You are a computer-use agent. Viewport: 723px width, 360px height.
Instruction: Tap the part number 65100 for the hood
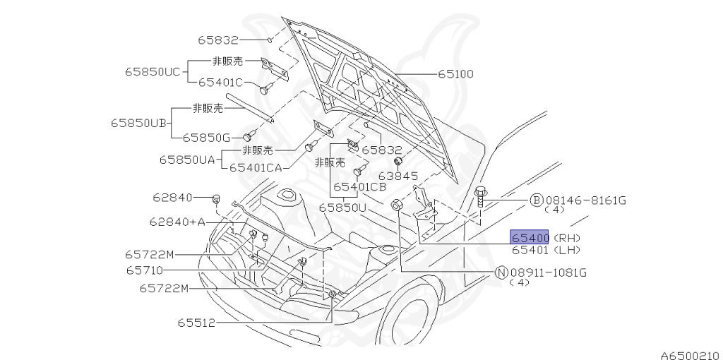click(455, 73)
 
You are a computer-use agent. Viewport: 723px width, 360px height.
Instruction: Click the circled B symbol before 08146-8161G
click(536, 200)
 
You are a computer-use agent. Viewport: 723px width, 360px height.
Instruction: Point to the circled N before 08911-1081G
click(501, 272)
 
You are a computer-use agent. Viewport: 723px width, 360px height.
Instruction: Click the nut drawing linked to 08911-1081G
click(396, 205)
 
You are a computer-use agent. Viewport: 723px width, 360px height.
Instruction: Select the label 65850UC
click(153, 71)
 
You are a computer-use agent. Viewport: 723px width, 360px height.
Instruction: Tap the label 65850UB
click(138, 122)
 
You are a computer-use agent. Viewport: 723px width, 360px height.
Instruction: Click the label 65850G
click(206, 138)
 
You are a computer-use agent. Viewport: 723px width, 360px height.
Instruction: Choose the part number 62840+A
click(177, 222)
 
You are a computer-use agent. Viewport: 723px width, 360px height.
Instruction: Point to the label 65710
click(145, 270)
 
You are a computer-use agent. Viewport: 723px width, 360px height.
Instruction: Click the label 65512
click(196, 323)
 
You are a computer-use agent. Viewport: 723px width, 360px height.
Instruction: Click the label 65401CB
click(359, 187)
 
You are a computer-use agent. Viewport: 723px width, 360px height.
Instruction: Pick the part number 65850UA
click(186, 160)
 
